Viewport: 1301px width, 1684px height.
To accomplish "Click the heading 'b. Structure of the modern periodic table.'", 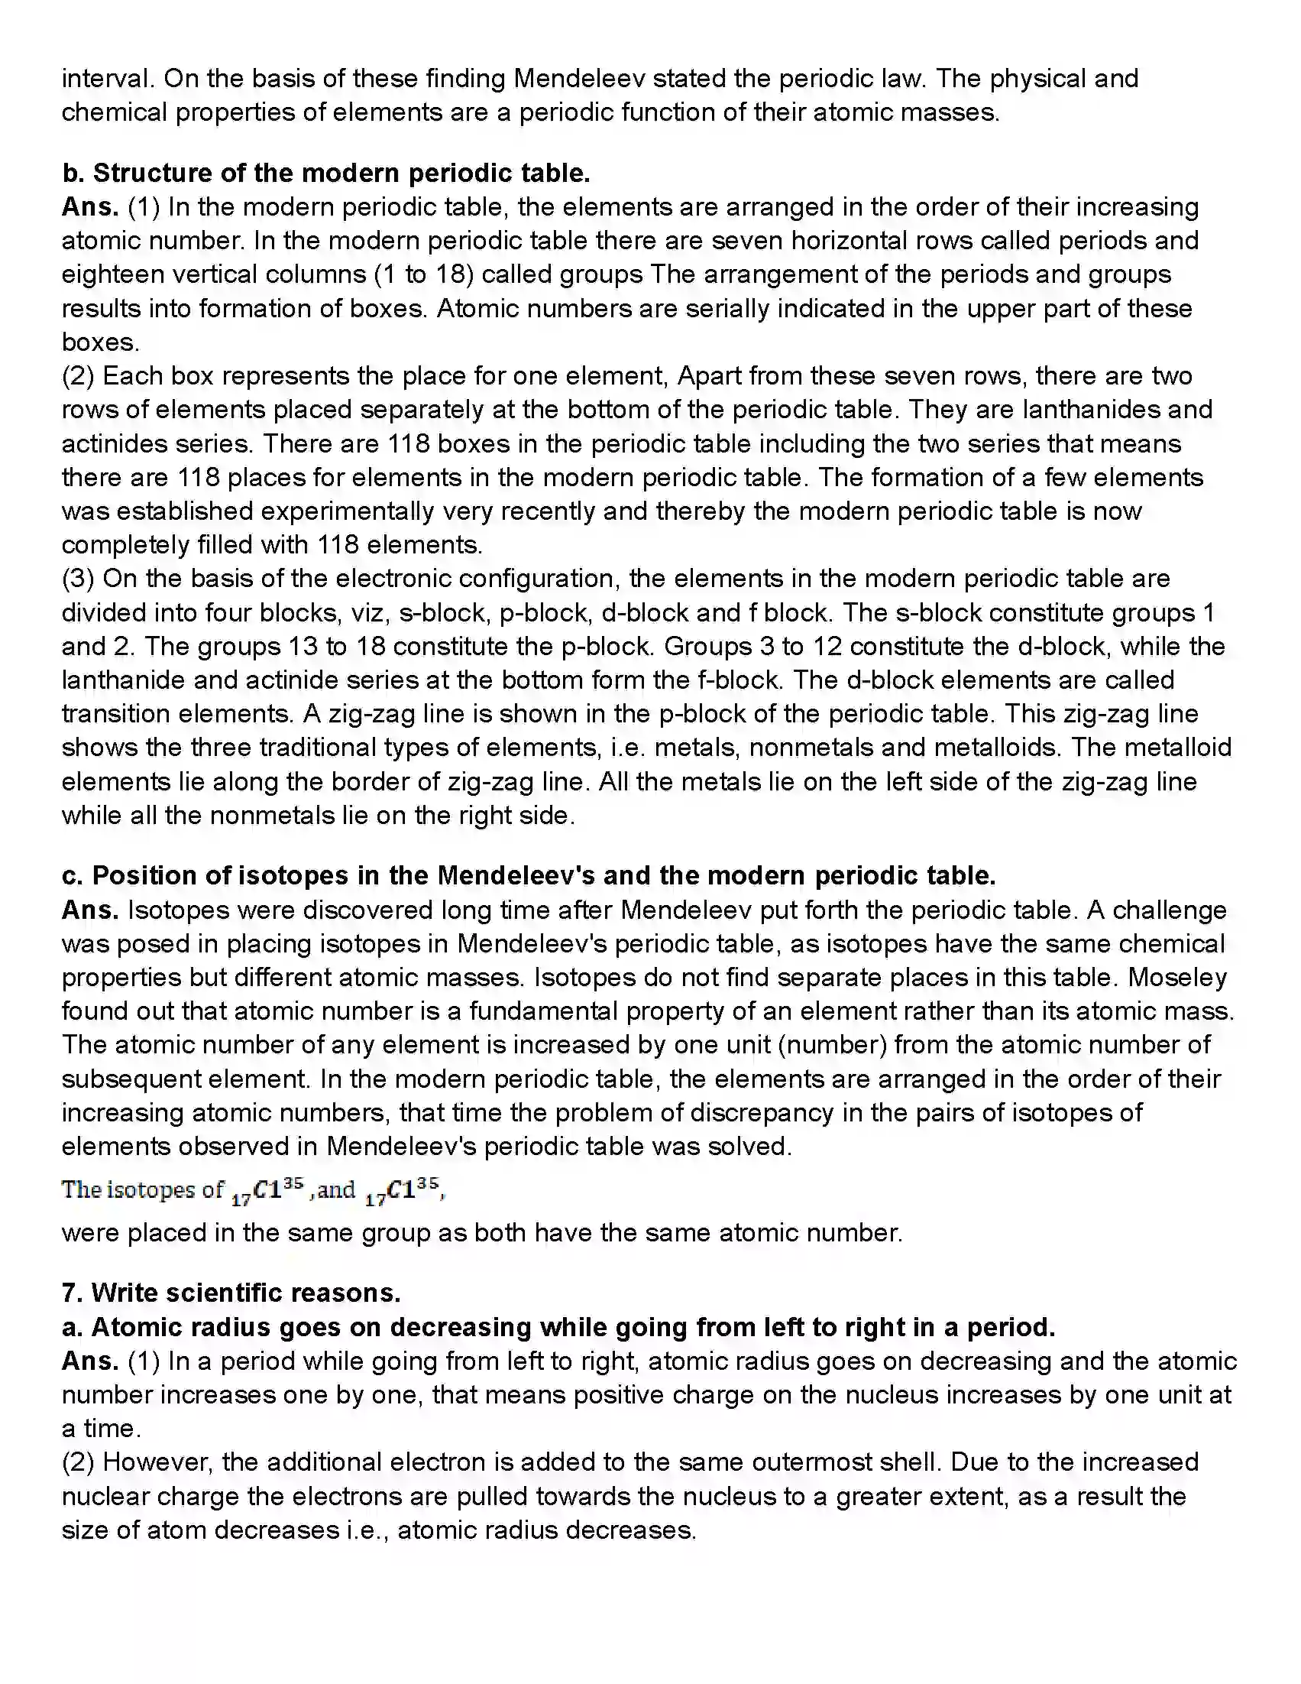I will click(326, 173).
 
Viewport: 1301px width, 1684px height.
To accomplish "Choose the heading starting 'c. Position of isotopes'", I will click(529, 876).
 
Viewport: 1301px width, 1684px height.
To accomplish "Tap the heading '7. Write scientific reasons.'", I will click(231, 1293).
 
